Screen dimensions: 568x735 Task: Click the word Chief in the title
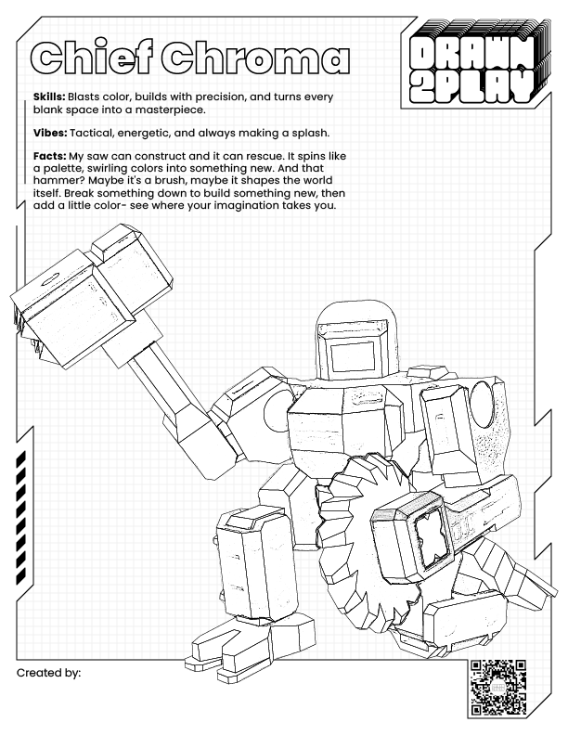point(91,58)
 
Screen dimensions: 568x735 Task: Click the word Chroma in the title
point(255,58)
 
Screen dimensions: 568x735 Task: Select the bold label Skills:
point(49,97)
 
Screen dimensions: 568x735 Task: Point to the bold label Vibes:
point(50,133)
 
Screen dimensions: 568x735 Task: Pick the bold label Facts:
point(49,156)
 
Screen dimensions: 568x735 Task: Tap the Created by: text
point(49,673)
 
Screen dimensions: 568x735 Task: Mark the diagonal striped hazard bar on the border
point(21,518)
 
